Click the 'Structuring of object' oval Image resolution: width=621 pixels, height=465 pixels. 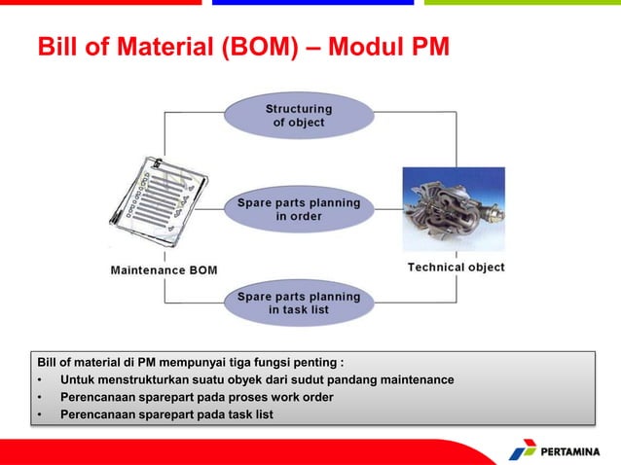(299, 116)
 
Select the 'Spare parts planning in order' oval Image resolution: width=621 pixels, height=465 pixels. (299, 208)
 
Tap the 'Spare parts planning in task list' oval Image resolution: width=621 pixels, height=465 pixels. (299, 303)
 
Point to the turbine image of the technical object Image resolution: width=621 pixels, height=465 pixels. (454, 211)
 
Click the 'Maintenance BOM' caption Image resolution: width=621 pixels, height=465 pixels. (162, 269)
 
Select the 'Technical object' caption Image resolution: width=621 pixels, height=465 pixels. (456, 267)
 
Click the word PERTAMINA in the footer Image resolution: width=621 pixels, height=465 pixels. (575, 451)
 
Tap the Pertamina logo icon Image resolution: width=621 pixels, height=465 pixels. (523, 449)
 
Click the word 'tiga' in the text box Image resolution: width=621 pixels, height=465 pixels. (225, 362)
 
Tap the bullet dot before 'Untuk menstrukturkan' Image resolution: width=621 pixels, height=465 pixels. (40, 379)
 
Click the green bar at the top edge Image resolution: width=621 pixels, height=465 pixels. (523, 3)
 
